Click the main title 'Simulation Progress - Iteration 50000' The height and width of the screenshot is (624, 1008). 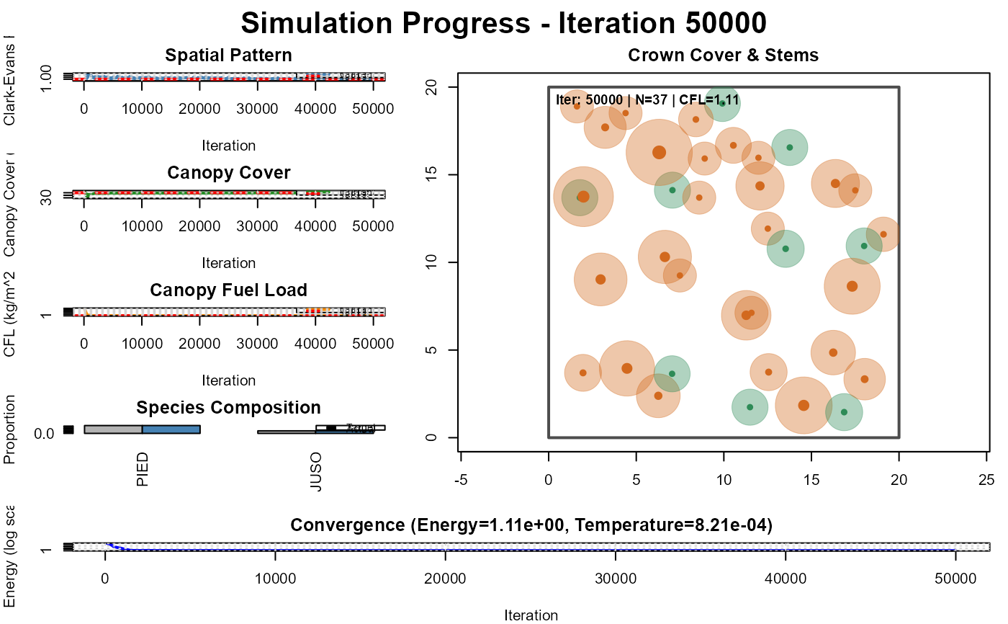503,23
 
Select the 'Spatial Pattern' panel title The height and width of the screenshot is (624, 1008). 228,55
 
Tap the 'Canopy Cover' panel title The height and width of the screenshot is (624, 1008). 228,173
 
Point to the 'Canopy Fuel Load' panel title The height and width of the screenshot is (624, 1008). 228,290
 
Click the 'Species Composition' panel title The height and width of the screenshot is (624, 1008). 228,408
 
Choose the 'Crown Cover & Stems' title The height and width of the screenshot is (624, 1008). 723,55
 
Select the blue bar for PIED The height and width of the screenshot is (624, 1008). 171,429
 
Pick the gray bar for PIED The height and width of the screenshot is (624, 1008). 113,429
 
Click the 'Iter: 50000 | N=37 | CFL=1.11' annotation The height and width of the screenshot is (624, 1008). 648,100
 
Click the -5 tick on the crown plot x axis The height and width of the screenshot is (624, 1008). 462,480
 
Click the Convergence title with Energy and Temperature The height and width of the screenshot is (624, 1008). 531,526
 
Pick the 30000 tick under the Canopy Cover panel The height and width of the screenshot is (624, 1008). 258,226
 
